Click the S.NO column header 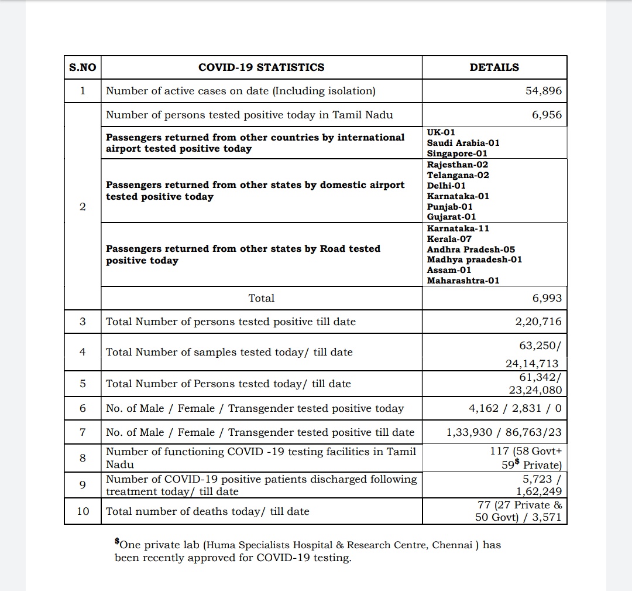[82, 67]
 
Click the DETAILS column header [494, 67]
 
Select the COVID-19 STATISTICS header [261, 67]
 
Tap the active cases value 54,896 [543, 91]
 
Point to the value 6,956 [547, 115]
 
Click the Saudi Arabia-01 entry [463, 143]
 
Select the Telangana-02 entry [458, 175]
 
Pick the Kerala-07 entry [449, 239]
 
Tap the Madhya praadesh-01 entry [474, 259]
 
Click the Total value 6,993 [547, 298]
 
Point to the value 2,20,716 [538, 322]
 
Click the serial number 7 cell [83, 432]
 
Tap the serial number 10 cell [83, 511]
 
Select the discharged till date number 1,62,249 [538, 491]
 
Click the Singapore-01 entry [456, 153]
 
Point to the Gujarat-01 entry [451, 217]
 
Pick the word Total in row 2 [261, 298]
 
